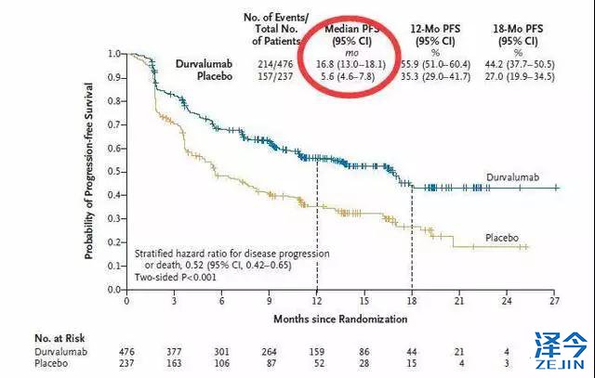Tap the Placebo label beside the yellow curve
pyautogui.click(x=507, y=238)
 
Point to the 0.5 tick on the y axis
pyautogui.click(x=115, y=171)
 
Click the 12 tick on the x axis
pyautogui.click(x=317, y=301)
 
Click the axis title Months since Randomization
pyautogui.click(x=340, y=319)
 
